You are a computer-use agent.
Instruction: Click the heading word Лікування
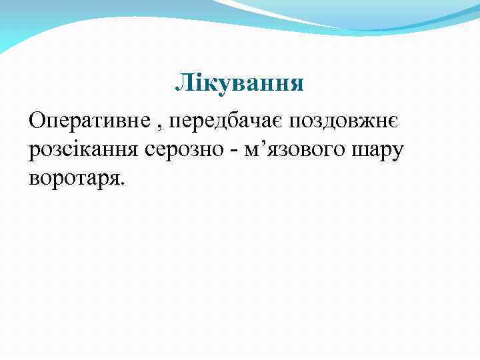pos(239,83)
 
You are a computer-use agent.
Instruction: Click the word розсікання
pos(81,151)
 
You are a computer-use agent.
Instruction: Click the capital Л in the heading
pos(182,83)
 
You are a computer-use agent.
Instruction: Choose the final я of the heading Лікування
pos(297,84)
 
